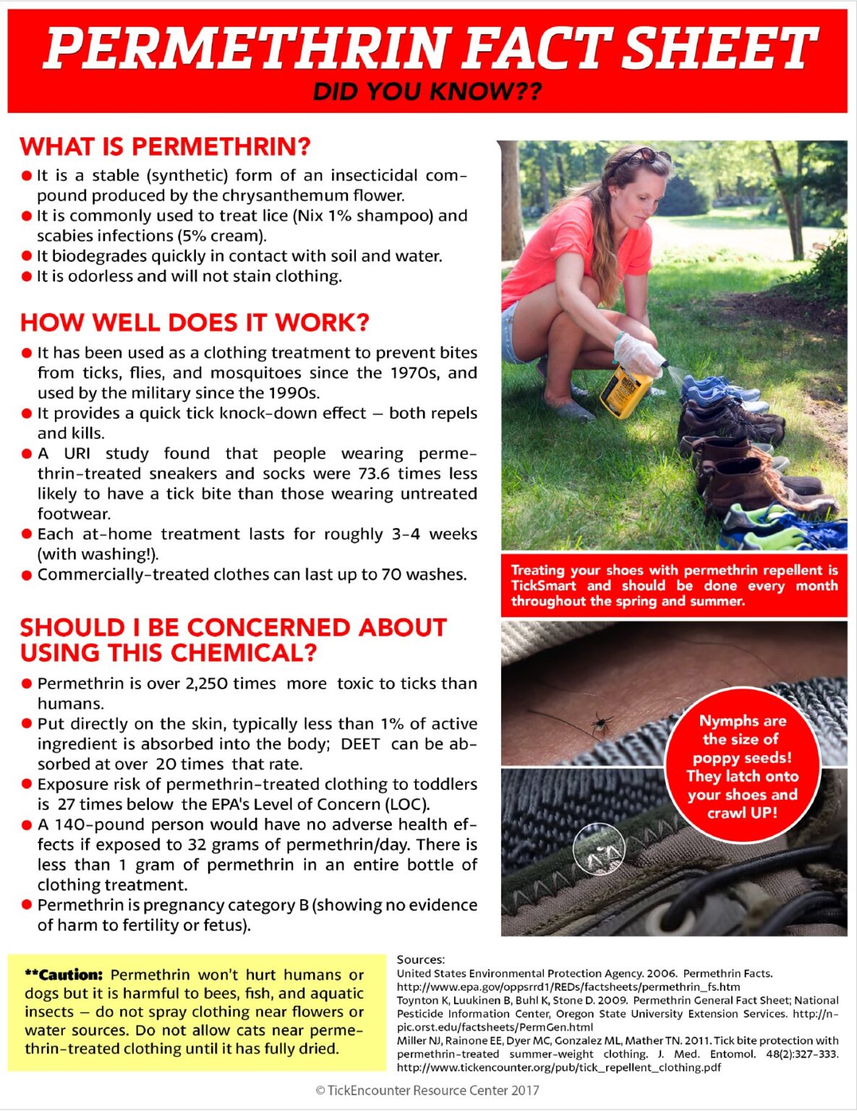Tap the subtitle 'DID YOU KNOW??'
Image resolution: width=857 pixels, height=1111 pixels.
click(x=427, y=92)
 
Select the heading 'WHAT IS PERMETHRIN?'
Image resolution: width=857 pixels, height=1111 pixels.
click(x=165, y=147)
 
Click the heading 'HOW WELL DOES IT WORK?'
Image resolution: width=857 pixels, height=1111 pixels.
click(x=195, y=323)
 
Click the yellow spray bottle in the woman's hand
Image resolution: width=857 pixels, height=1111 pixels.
click(x=624, y=391)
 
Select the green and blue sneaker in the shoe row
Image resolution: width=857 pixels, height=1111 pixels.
click(x=781, y=526)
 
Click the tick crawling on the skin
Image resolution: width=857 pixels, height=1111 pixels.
click(x=599, y=723)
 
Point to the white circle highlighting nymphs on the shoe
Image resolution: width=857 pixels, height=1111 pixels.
click(x=599, y=848)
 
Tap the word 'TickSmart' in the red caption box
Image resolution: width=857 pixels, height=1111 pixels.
click(x=543, y=586)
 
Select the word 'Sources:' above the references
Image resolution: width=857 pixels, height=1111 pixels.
click(x=420, y=960)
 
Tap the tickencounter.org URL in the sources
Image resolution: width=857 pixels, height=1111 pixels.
click(x=558, y=1067)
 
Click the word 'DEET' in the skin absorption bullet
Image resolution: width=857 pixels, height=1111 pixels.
click(x=360, y=744)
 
